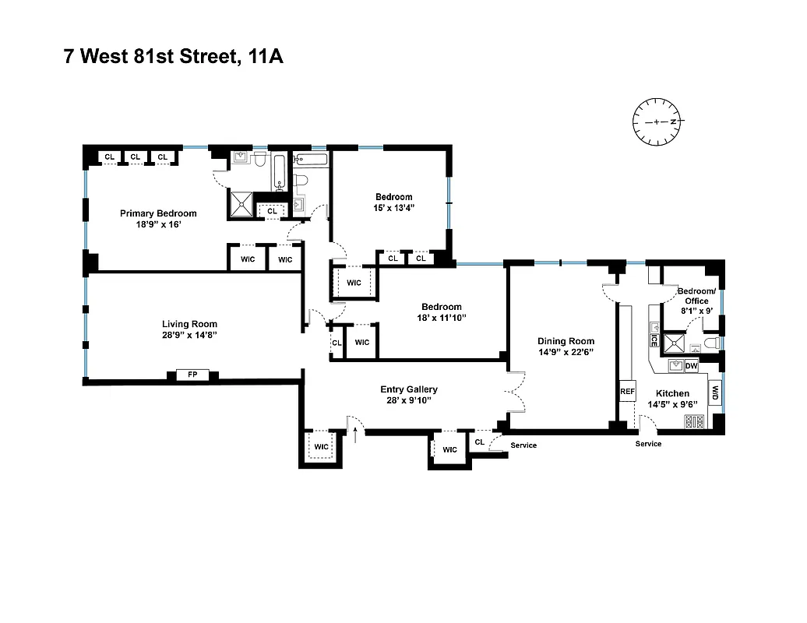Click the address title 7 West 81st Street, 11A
point(173,57)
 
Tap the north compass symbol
point(656,122)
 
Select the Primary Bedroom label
point(158,213)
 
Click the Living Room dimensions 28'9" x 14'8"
point(189,336)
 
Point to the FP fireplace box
point(192,375)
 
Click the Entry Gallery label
point(409,389)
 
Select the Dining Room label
point(566,341)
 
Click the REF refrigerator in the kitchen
point(628,392)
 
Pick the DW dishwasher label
point(691,365)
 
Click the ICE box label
point(654,340)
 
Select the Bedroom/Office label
point(696,296)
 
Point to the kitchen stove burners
point(693,422)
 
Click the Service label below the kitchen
point(648,444)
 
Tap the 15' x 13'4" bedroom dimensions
point(393,208)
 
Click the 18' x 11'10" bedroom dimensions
point(442,318)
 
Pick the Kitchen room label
point(672,394)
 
